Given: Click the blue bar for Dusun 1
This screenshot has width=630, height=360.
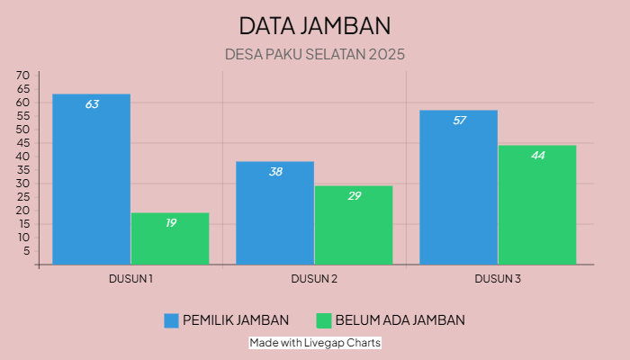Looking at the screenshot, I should pyautogui.click(x=91, y=180).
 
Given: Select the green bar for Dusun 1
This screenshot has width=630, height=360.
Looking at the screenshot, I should pyautogui.click(x=170, y=239).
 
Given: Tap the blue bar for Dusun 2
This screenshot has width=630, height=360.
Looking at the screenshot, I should pyautogui.click(x=274, y=214).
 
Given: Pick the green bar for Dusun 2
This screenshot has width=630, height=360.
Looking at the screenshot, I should pyautogui.click(x=354, y=226).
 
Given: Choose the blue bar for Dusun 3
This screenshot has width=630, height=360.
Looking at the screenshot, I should pyautogui.click(x=458, y=188).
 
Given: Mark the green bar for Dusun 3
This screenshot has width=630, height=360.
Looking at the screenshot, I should pyautogui.click(x=537, y=205).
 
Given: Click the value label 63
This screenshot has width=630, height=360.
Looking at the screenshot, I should pyautogui.click(x=92, y=104).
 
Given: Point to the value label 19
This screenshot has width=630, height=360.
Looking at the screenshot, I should pyautogui.click(x=170, y=222).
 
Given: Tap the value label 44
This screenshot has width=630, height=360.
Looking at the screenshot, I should pyautogui.click(x=537, y=156).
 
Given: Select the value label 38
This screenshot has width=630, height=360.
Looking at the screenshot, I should pyautogui.click(x=275, y=171).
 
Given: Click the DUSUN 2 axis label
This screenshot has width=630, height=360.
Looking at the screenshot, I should pyautogui.click(x=314, y=279).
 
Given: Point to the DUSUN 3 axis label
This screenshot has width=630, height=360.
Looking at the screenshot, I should pyautogui.click(x=498, y=279).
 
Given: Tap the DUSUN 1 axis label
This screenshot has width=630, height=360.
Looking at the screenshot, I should pyautogui.click(x=130, y=279).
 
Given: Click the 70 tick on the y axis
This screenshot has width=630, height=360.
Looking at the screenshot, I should pyautogui.click(x=23, y=76).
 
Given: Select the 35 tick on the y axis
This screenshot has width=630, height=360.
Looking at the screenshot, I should pyautogui.click(x=23, y=170).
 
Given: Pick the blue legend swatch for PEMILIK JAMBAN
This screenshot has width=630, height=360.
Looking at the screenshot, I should pyautogui.click(x=171, y=320).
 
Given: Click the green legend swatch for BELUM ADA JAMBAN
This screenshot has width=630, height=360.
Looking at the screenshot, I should pyautogui.click(x=324, y=320).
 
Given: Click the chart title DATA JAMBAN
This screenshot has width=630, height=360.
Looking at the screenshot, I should pyautogui.click(x=315, y=24).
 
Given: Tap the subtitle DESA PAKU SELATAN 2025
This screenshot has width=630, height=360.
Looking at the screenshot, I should pyautogui.click(x=315, y=54).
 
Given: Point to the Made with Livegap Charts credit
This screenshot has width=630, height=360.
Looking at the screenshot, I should pyautogui.click(x=315, y=343).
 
